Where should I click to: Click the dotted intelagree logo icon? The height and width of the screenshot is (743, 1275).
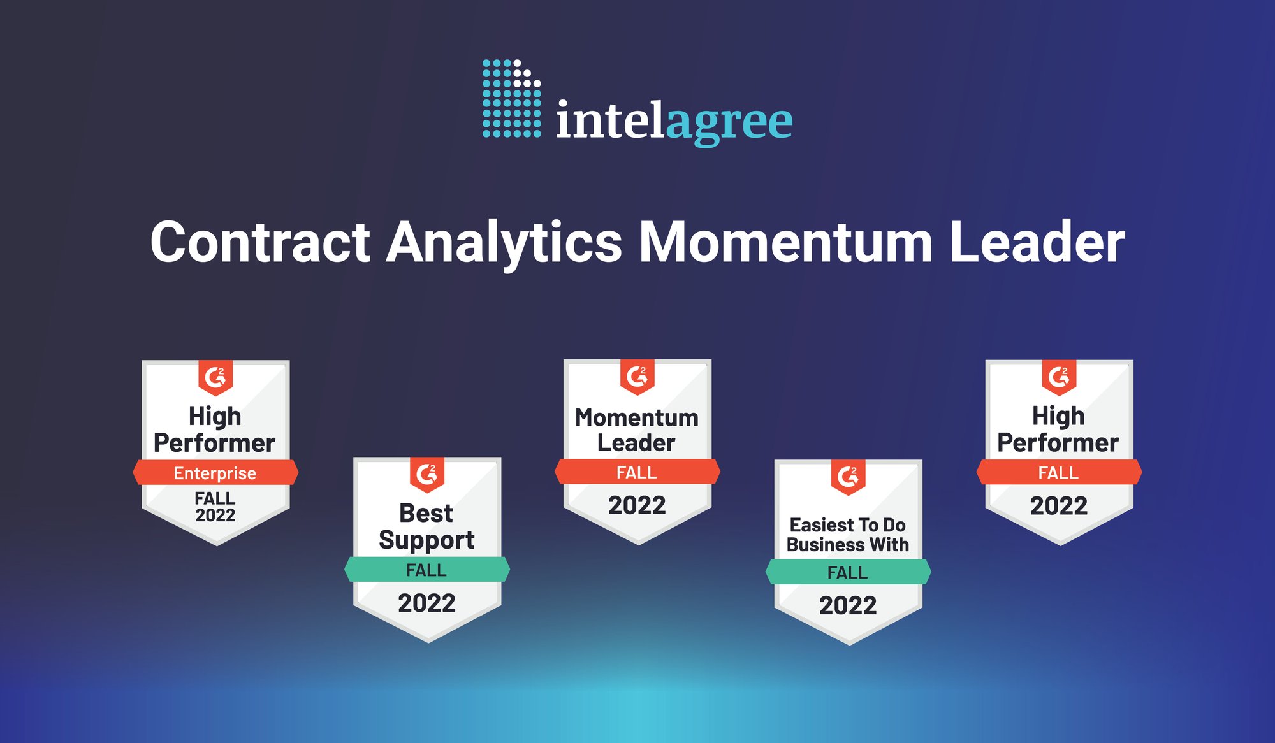coord(511,98)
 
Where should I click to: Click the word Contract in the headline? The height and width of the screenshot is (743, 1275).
coord(260,242)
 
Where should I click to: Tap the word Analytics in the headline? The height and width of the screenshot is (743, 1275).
coord(504,242)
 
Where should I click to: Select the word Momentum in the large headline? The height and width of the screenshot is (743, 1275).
coord(785,242)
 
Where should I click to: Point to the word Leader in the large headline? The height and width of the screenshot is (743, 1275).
coord(1037,242)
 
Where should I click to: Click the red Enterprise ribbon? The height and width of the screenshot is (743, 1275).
coord(215,473)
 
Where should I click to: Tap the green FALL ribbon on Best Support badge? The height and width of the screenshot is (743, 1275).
coord(426,570)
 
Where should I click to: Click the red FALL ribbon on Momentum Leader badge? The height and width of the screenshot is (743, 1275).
coord(637,472)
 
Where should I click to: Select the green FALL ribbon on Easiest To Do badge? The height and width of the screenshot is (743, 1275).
coord(848,572)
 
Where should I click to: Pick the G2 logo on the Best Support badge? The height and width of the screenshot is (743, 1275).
coord(426,474)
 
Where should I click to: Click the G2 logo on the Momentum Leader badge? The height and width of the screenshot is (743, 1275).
coord(637,377)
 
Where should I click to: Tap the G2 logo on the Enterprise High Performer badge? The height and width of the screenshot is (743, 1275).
coord(215,377)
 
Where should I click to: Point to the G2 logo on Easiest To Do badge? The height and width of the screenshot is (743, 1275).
coord(848,476)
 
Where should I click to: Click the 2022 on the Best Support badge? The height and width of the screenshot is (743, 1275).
coord(426,603)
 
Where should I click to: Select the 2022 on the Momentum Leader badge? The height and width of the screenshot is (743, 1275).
coord(637,505)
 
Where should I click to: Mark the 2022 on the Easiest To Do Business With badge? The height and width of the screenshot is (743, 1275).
coord(848,605)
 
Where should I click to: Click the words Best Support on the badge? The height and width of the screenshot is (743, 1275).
coord(426,526)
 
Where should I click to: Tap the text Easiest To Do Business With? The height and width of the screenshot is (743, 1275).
coord(848,535)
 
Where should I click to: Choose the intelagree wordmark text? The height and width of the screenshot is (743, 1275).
coord(674,121)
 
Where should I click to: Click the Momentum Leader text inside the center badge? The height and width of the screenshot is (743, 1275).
coord(637,430)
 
